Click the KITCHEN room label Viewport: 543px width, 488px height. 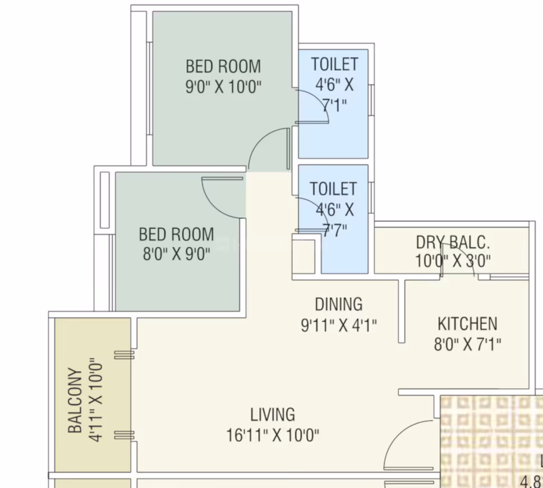[467, 324]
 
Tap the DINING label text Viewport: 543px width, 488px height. [339, 305]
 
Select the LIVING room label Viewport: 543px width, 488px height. [273, 415]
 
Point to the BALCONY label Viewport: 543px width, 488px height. [75, 400]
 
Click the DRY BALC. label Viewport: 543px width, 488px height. [453, 242]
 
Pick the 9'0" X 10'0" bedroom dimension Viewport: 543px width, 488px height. [223, 86]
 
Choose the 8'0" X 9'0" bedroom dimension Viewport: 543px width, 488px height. [177, 254]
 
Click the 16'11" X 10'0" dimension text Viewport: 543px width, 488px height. [273, 435]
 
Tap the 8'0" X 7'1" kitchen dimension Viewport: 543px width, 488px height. [467, 344]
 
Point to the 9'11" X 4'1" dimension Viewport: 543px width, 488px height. [339, 325]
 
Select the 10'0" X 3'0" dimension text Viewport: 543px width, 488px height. [453, 260]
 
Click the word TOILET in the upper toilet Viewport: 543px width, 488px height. [334, 64]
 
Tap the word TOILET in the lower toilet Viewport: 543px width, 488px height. [333, 189]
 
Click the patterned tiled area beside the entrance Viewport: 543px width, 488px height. [491, 441]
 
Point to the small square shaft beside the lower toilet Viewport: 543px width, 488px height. [303, 256]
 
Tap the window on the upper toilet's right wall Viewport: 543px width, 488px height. [371, 100]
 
